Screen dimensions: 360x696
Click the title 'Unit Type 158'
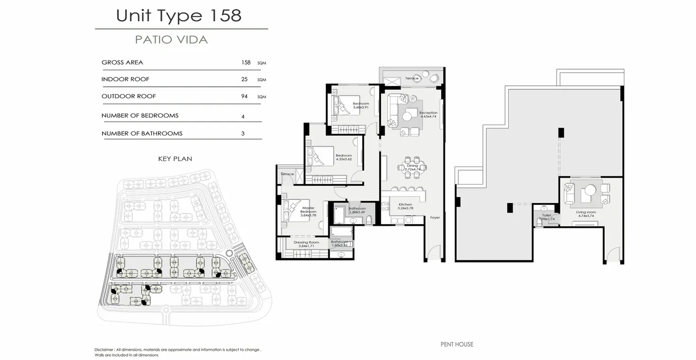click(x=179, y=15)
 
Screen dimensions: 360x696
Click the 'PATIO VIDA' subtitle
click(x=171, y=40)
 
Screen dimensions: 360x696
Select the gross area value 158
click(x=246, y=63)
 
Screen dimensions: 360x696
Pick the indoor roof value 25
click(x=244, y=80)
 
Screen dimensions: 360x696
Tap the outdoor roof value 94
click(x=245, y=96)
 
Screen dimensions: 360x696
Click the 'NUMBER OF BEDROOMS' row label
click(x=140, y=116)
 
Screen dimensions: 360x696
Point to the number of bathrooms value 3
click(x=243, y=134)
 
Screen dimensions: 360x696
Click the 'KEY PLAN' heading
click(x=175, y=159)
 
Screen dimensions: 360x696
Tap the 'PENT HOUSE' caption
click(x=457, y=344)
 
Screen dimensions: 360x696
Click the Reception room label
click(x=428, y=113)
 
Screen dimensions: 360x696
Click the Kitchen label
click(x=405, y=204)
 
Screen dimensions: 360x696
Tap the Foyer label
click(x=435, y=217)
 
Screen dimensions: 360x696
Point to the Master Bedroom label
click(x=308, y=210)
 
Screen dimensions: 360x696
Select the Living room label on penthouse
click(x=586, y=212)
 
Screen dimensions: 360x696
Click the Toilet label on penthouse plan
click(x=546, y=215)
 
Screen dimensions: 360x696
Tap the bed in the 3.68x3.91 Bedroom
click(x=337, y=103)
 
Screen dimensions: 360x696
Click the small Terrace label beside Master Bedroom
click(x=287, y=174)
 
